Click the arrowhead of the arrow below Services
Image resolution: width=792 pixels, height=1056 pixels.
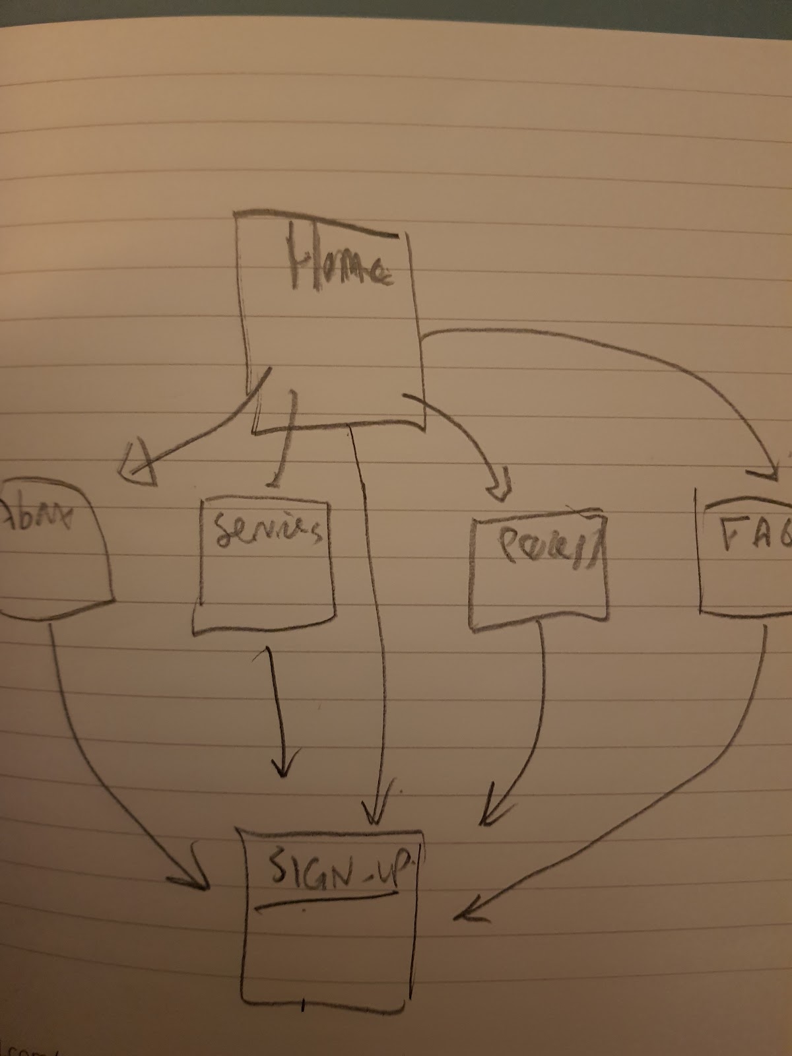[284, 766]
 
